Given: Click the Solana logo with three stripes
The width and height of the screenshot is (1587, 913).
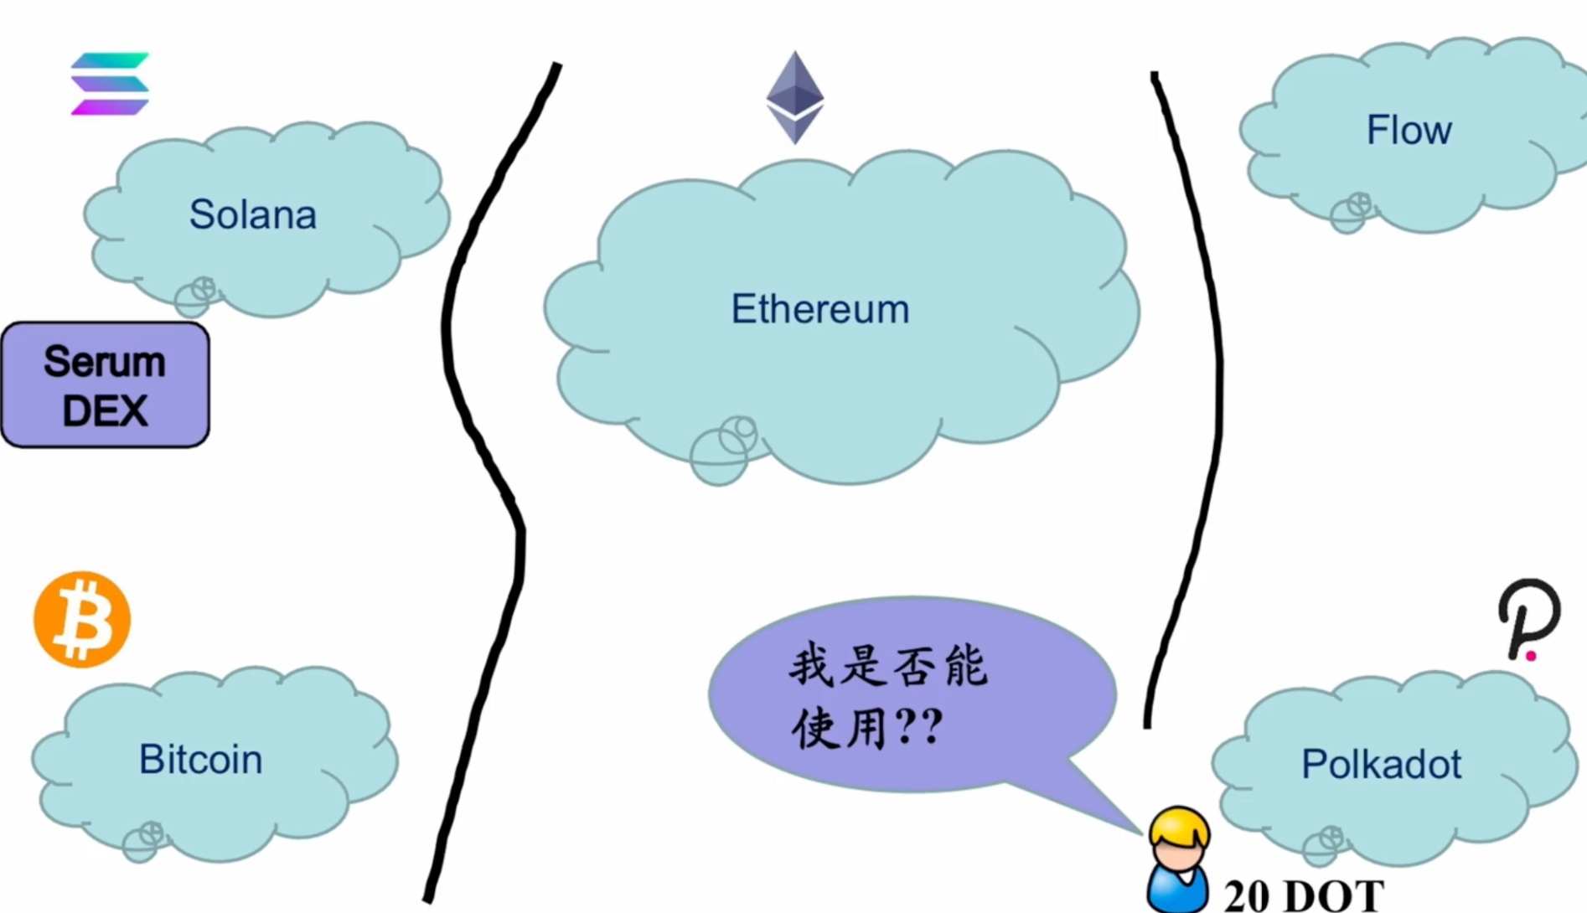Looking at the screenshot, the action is pos(110,84).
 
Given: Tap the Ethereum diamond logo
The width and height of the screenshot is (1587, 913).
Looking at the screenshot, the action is pos(794,97).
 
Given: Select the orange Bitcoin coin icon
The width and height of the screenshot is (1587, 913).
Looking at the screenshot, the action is pos(82,620).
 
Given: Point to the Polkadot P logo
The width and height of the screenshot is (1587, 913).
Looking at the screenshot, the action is pos(1528,618).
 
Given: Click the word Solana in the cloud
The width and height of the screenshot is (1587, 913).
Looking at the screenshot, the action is pos(253,214).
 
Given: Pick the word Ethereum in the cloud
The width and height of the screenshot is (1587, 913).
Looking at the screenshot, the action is pos(820,309).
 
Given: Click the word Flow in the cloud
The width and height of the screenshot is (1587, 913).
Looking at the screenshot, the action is pos(1409,131).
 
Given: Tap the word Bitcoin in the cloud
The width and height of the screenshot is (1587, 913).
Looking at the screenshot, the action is pos(200,760).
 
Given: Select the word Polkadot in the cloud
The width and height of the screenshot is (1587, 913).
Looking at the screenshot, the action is pos(1381,764).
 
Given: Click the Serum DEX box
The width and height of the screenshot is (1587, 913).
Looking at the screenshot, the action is pos(106,385).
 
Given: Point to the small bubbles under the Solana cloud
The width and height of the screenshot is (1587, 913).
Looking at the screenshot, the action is pos(195,296).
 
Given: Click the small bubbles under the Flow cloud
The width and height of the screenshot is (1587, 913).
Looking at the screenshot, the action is pos(1351,212).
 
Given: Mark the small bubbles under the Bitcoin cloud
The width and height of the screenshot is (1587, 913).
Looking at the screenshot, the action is pos(142,841).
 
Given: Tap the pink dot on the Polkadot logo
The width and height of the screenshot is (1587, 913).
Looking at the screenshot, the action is pos(1531,656).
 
